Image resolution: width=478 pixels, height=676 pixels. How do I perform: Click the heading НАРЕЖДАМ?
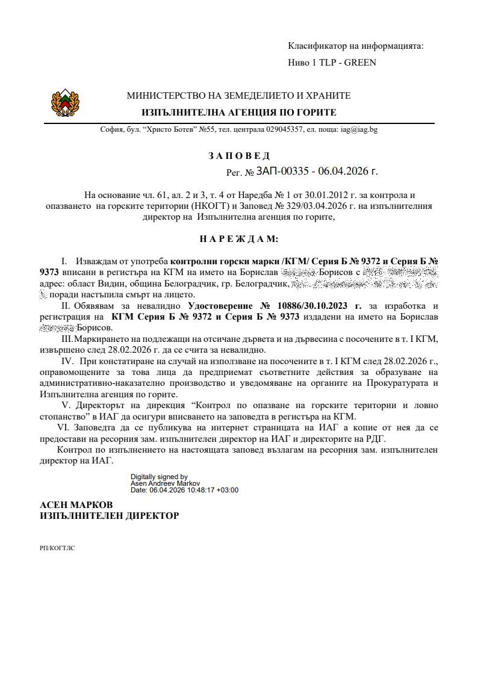click(x=239, y=239)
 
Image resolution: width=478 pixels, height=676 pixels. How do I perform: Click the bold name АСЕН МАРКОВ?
click(x=76, y=504)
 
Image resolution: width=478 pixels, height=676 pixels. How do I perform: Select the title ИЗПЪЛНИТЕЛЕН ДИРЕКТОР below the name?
click(x=109, y=516)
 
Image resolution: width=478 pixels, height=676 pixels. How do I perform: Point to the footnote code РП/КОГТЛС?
click(x=57, y=548)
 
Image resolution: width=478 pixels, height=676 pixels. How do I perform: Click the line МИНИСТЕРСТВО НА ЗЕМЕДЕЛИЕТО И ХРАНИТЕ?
click(x=238, y=96)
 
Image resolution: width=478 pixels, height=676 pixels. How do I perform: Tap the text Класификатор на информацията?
click(x=356, y=46)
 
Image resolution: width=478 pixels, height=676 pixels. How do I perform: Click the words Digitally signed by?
click(x=160, y=476)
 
